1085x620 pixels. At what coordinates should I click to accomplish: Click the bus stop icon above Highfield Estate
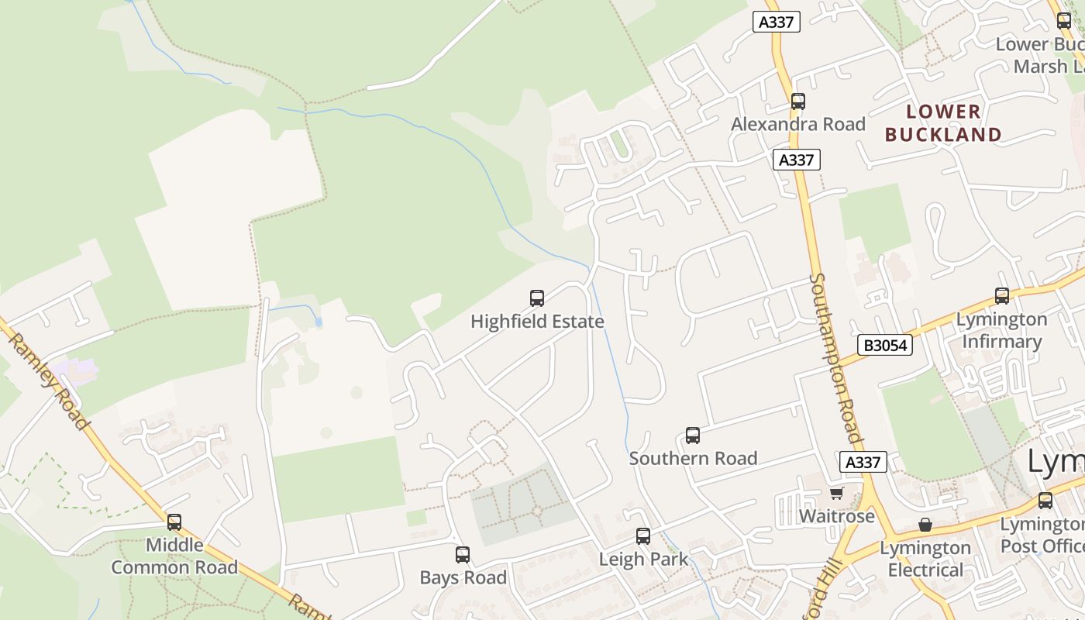[536, 298]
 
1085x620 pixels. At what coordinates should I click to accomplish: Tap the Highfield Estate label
[537, 321]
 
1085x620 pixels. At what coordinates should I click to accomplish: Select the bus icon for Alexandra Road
[797, 101]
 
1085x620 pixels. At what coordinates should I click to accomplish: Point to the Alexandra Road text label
[797, 124]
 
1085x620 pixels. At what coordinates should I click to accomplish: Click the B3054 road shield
[884, 345]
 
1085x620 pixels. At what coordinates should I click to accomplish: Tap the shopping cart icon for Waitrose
[836, 493]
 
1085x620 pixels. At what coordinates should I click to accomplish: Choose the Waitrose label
[836, 515]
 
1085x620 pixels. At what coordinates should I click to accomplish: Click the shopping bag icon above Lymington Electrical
[925, 525]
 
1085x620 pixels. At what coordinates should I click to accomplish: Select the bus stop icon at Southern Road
[693, 436]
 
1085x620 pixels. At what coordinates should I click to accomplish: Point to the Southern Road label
[693, 458]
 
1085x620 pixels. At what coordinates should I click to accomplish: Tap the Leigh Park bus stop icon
[642, 536]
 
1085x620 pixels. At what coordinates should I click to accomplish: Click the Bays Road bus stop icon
[463, 554]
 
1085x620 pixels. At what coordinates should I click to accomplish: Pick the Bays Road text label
[463, 577]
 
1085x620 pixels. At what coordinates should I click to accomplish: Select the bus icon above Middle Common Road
[174, 522]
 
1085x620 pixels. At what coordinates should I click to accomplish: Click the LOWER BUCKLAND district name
[943, 122]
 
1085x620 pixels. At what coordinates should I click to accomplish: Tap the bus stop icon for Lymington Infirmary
[1002, 295]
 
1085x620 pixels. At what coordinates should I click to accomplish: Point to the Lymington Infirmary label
[1001, 330]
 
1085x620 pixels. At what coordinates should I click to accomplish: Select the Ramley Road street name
[48, 381]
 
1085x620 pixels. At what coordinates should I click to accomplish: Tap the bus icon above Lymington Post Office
[1045, 501]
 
